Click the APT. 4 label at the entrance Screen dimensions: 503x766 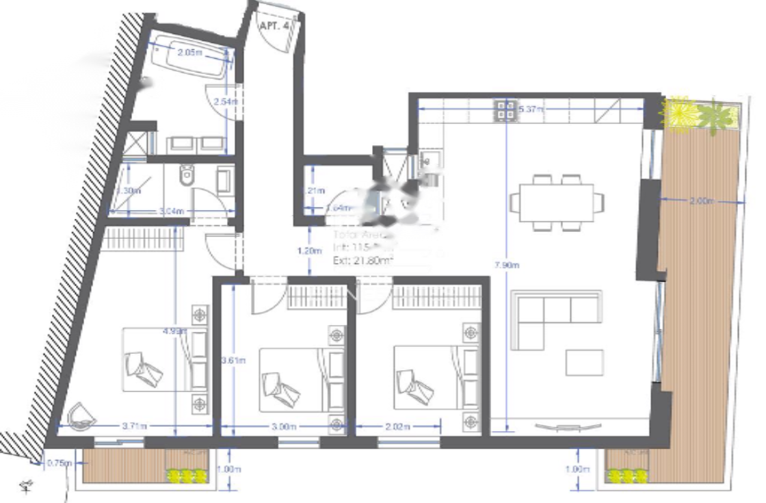coord(274,25)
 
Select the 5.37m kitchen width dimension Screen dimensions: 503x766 coord(531,109)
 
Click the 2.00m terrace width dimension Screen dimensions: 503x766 coord(701,201)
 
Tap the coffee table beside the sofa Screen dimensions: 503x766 coord(584,362)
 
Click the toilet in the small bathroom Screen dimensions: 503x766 coord(186,177)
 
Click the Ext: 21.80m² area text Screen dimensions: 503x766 coord(362,260)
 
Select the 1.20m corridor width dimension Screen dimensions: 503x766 coord(309,251)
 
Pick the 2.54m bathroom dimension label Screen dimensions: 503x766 coord(226,102)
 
